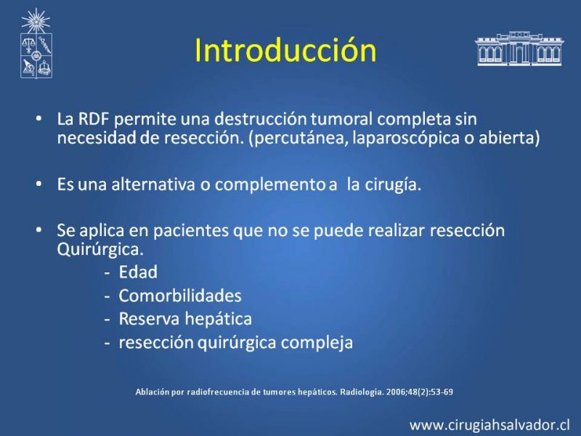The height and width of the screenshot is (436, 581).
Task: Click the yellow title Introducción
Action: pyautogui.click(x=285, y=50)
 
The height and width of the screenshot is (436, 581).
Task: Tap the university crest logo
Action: pyautogui.click(x=36, y=44)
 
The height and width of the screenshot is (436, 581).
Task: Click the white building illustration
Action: pyautogui.click(x=519, y=49)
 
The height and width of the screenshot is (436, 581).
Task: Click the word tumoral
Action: pyautogui.click(x=341, y=119)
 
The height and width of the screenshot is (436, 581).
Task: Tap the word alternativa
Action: pyautogui.click(x=153, y=185)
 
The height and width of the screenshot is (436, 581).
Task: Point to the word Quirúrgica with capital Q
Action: pyautogui.click(x=100, y=249)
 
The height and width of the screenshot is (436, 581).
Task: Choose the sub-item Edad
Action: pyautogui.click(x=138, y=272)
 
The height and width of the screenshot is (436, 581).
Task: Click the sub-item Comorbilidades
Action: pyautogui.click(x=180, y=296)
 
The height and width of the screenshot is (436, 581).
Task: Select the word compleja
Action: pyautogui.click(x=317, y=342)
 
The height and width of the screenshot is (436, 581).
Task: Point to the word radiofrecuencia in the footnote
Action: pyautogui.click(x=218, y=392)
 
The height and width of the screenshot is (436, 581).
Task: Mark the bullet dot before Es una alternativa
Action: pyautogui.click(x=39, y=184)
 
